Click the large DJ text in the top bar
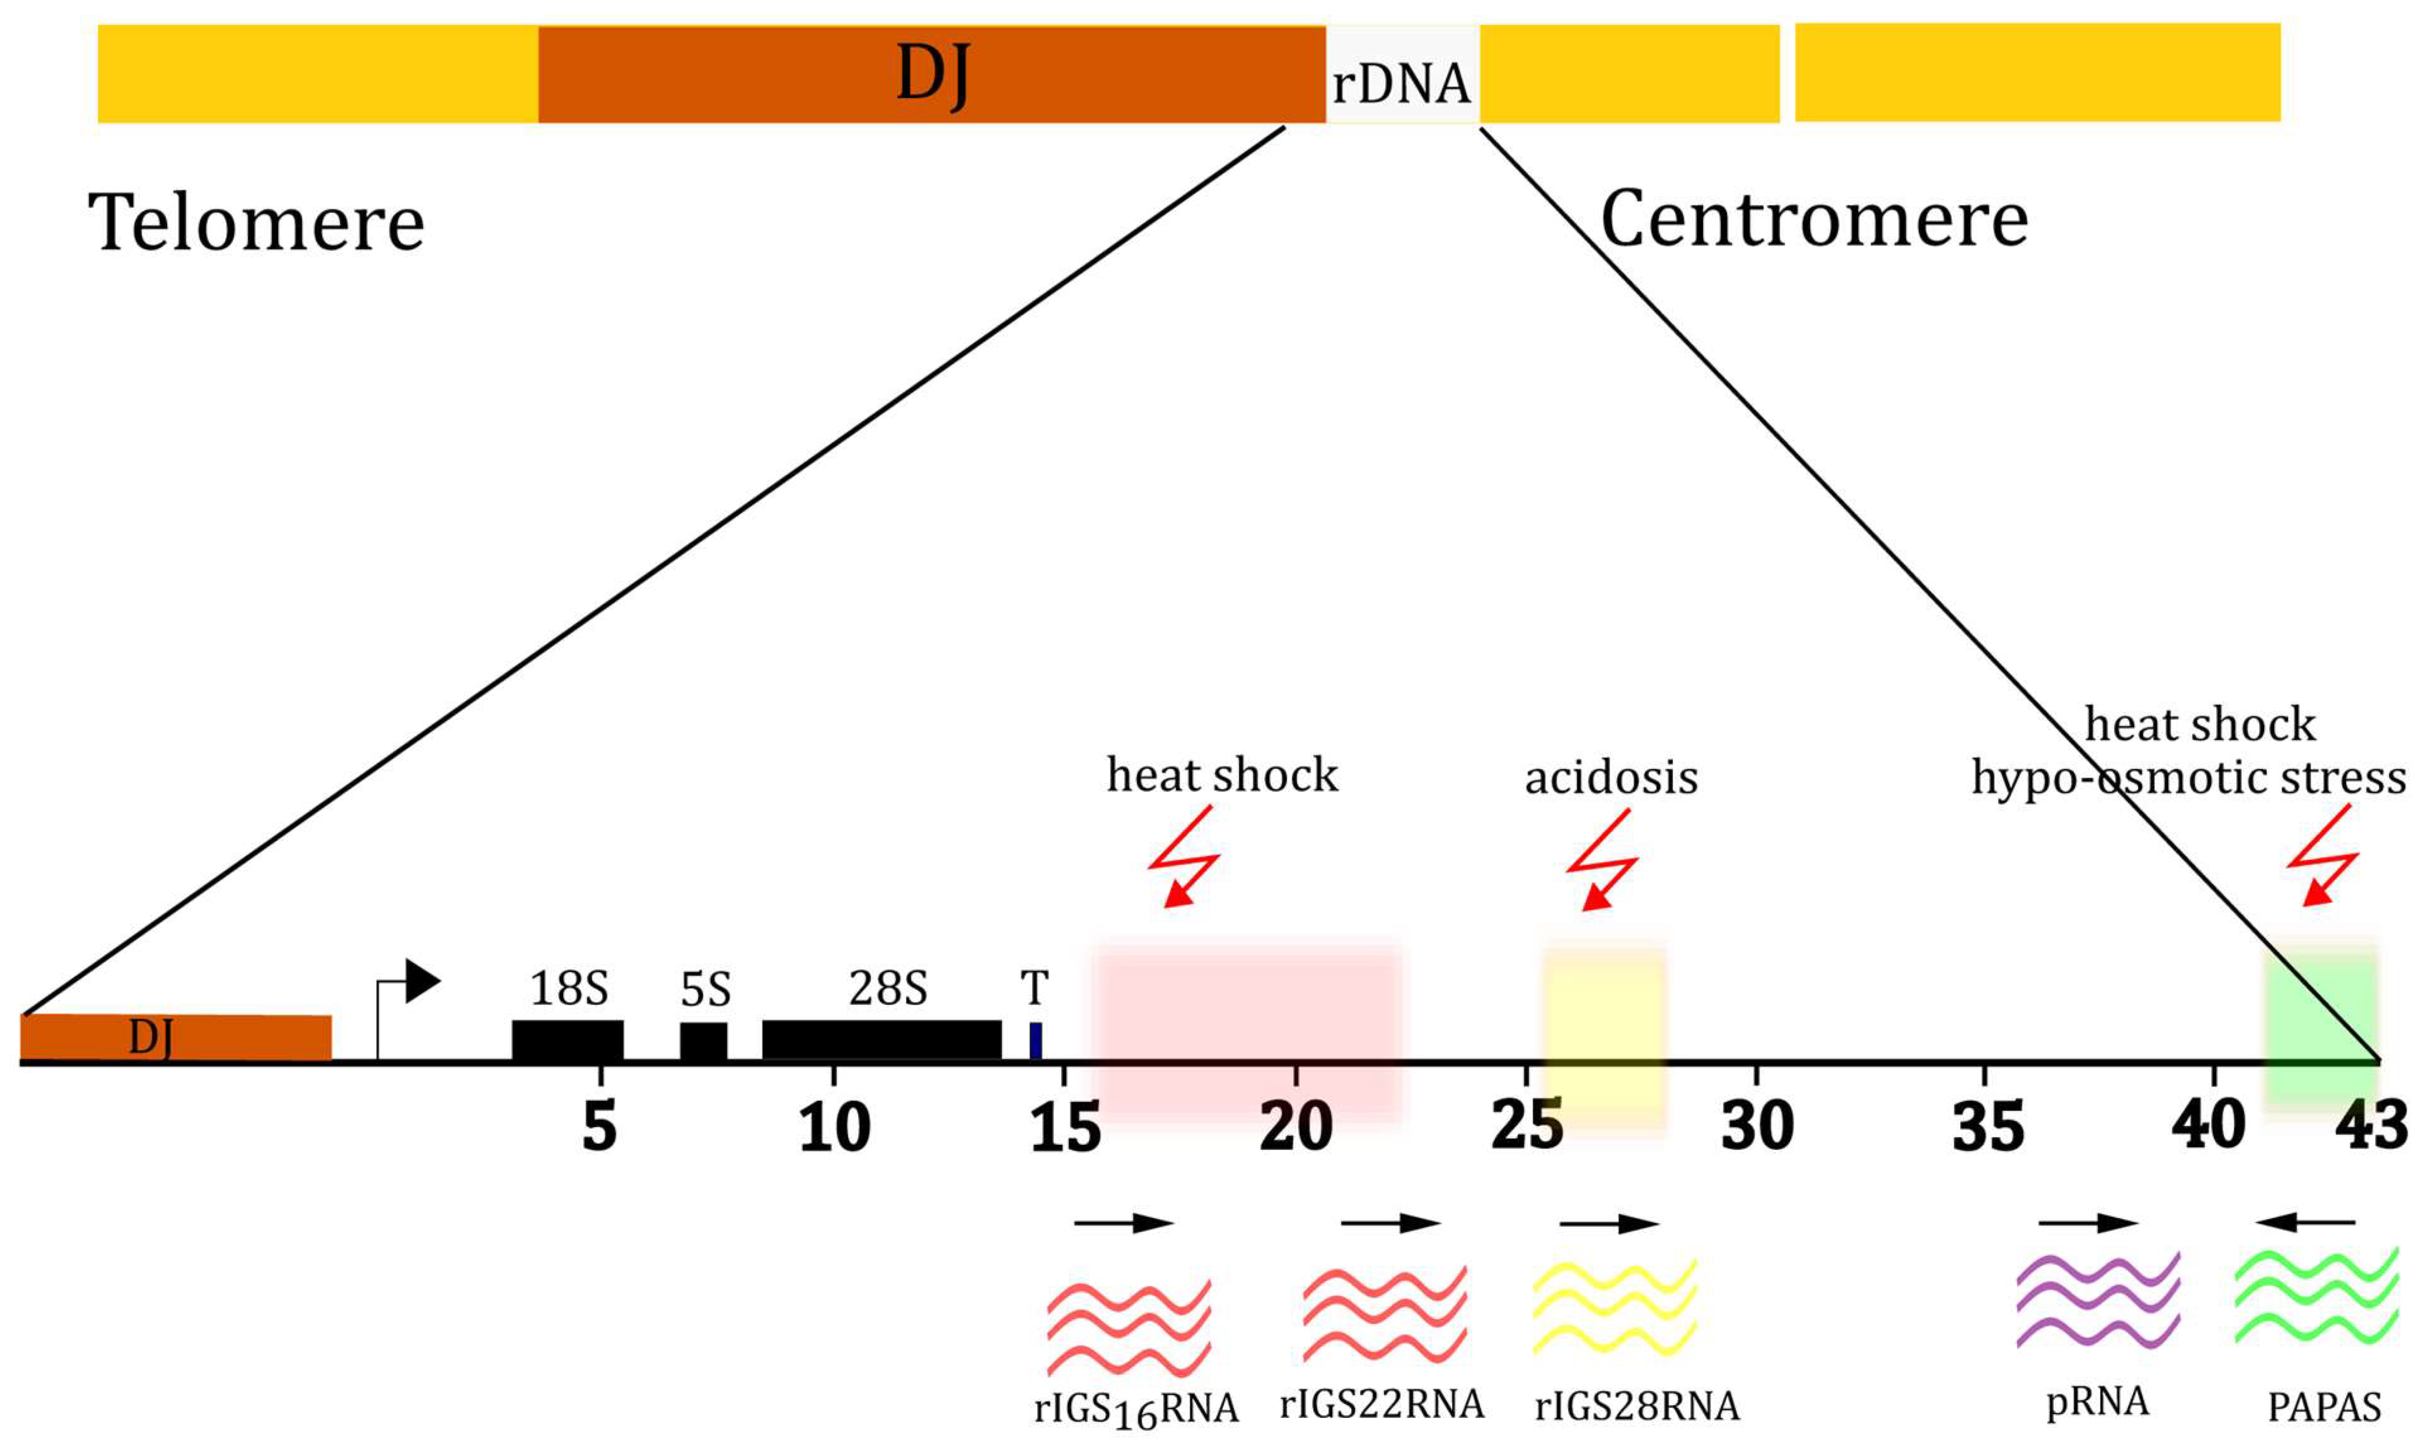click(932, 74)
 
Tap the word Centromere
click(1814, 220)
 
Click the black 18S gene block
click(567, 1040)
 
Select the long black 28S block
click(881, 1040)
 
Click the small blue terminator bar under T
click(1035, 1040)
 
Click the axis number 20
click(1296, 1127)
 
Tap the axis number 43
click(2371, 1127)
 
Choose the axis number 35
click(1987, 1127)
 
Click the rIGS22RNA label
click(1382, 1403)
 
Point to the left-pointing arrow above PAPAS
click(2305, 1222)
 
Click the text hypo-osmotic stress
click(2188, 778)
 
